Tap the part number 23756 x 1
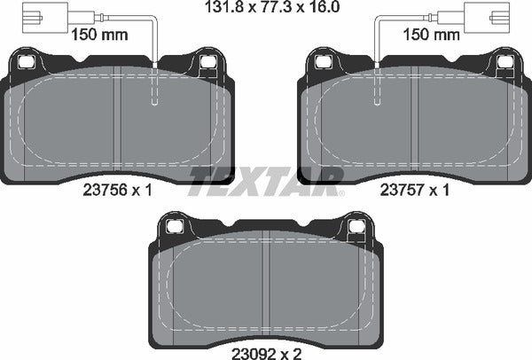click(118, 189)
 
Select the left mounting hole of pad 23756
click(26, 62)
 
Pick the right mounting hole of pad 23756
click(209, 62)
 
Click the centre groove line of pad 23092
click(267, 284)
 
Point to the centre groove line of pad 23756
click(117, 124)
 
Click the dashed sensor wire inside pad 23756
click(154, 89)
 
